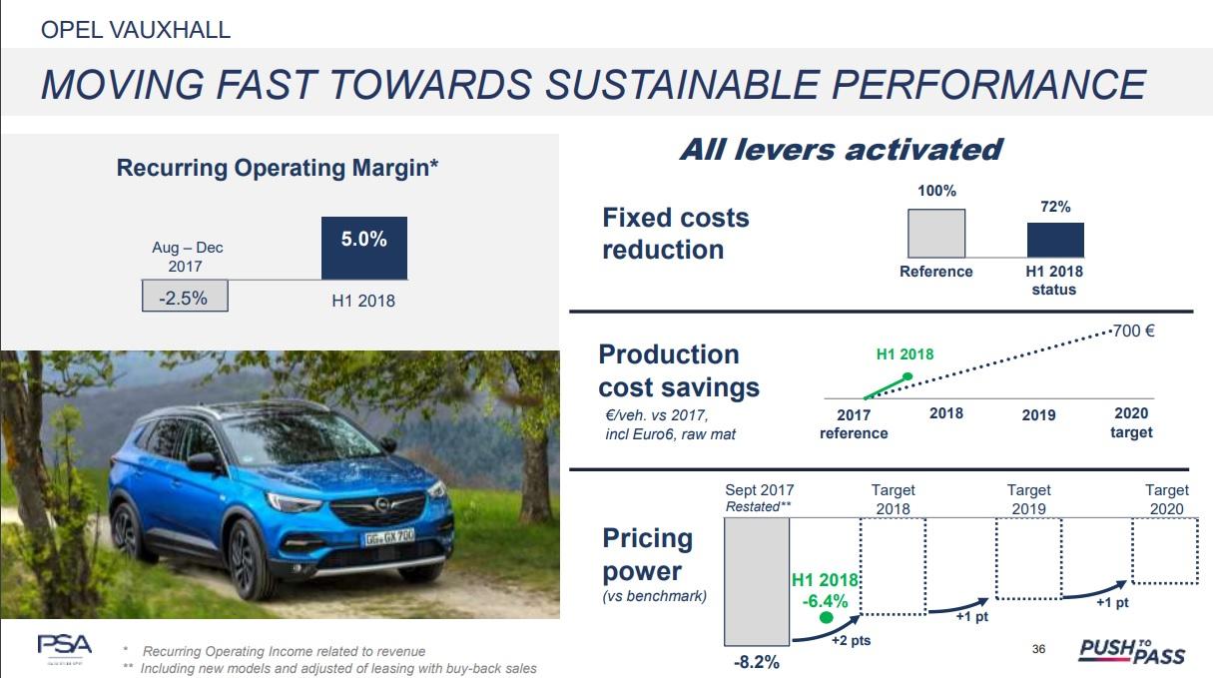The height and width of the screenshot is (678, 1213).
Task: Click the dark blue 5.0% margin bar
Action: coord(363,248)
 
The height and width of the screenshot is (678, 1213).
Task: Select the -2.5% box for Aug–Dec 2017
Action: coord(186,297)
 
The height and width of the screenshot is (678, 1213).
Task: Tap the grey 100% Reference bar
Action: coord(935,234)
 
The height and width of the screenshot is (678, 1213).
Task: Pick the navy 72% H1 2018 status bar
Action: coord(1055,241)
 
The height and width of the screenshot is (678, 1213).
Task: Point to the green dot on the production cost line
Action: coord(907,377)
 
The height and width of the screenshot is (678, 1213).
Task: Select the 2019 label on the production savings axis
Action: coord(1038,414)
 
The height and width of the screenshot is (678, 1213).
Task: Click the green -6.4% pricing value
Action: coord(825,601)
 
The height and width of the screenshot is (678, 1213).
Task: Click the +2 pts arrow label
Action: coord(851,640)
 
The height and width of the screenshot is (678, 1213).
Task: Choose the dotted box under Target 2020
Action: coord(1164,551)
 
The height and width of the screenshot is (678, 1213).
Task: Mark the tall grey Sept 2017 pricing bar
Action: coord(756,581)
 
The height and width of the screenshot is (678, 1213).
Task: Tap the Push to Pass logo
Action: coord(1132,651)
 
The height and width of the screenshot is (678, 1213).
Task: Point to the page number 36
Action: coord(1038,650)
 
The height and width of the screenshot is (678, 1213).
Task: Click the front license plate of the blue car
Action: coord(387,538)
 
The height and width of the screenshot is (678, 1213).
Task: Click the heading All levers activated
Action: coord(840,150)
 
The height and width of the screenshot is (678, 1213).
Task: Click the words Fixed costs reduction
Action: coord(676,234)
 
